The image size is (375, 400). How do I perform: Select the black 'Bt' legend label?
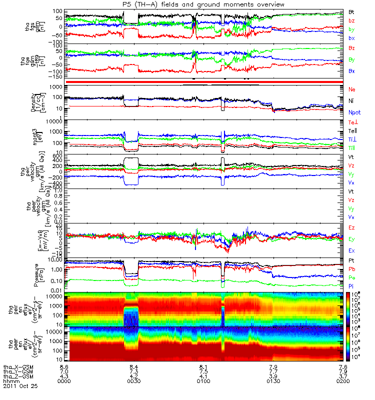[x=352, y=11]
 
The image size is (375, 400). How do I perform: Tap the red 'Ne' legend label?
[x=352, y=89]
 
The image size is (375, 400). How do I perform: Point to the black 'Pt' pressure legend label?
[x=352, y=261]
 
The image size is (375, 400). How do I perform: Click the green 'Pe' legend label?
[x=352, y=276]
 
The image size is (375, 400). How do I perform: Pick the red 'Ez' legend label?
[x=352, y=228]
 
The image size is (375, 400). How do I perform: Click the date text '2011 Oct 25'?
[x=20, y=386]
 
